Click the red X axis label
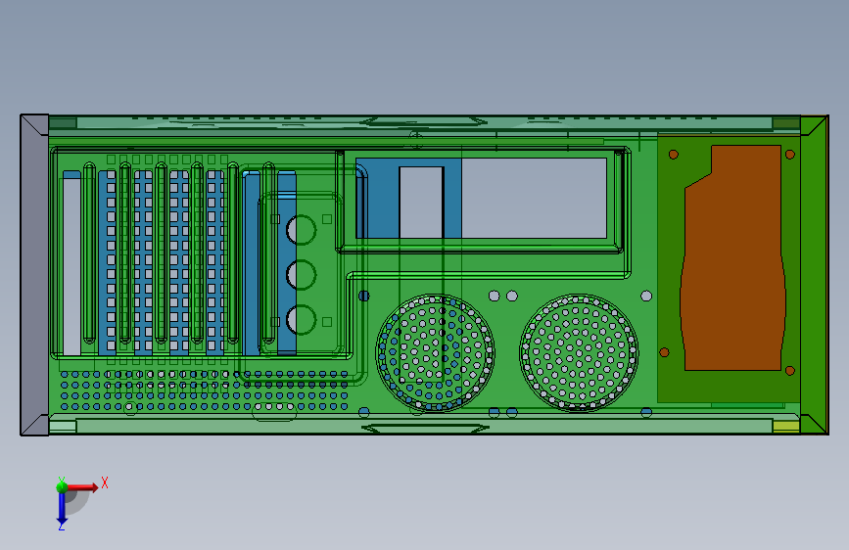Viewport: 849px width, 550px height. point(105,482)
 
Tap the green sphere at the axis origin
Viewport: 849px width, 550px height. point(63,487)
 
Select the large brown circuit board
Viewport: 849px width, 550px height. point(733,258)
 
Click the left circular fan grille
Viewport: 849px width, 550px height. point(435,353)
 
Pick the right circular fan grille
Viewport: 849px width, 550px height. point(579,353)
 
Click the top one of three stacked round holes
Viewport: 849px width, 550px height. point(301,230)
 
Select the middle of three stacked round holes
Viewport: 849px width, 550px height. point(301,274)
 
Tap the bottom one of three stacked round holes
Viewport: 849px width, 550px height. point(301,319)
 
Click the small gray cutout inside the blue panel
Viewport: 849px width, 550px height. point(421,203)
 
